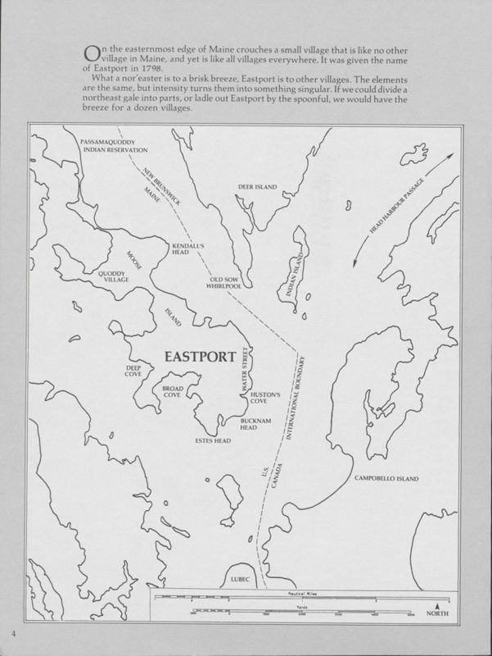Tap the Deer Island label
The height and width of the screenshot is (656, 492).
click(x=257, y=187)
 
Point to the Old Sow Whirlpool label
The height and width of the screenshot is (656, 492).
click(x=223, y=284)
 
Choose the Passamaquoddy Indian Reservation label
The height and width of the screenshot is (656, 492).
click(x=114, y=147)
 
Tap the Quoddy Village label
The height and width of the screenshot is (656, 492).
click(x=114, y=276)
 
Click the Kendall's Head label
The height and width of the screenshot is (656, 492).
click(x=182, y=249)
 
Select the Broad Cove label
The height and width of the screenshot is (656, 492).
click(x=172, y=391)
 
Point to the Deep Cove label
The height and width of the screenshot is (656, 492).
click(x=133, y=371)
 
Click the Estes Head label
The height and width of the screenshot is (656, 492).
click(x=213, y=440)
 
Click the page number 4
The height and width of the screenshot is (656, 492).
click(x=13, y=635)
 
